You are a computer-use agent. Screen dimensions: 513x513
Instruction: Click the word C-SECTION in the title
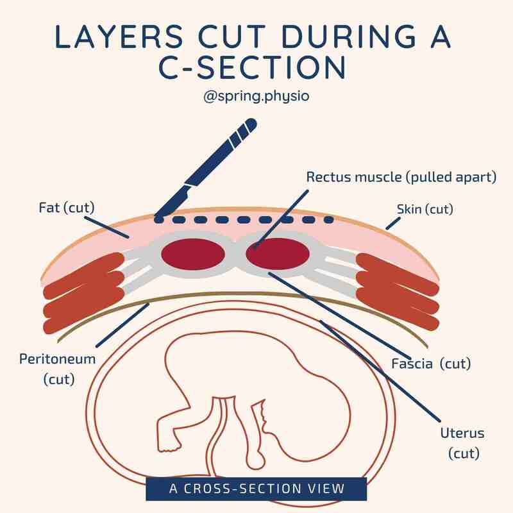tap(252, 67)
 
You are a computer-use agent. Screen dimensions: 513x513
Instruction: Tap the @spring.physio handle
tap(256, 96)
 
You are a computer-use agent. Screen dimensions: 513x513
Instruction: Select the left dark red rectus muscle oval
tap(193, 254)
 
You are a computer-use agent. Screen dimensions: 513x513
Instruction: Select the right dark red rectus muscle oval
tap(278, 254)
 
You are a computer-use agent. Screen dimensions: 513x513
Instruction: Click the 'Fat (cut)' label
tap(67, 208)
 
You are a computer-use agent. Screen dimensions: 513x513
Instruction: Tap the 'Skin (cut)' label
tap(425, 210)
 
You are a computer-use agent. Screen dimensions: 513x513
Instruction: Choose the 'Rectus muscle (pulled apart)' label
tap(401, 178)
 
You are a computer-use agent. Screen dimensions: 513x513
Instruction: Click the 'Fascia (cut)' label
tap(431, 364)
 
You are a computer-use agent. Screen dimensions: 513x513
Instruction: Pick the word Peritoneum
tap(58, 359)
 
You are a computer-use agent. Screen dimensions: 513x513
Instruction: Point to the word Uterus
tap(462, 433)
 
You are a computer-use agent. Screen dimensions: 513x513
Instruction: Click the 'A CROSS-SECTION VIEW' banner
tap(256, 489)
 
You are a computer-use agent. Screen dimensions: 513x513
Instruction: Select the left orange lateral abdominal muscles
tap(83, 293)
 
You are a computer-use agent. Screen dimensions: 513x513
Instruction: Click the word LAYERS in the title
tap(119, 37)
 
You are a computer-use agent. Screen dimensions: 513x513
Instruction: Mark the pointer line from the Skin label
tap(393, 223)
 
